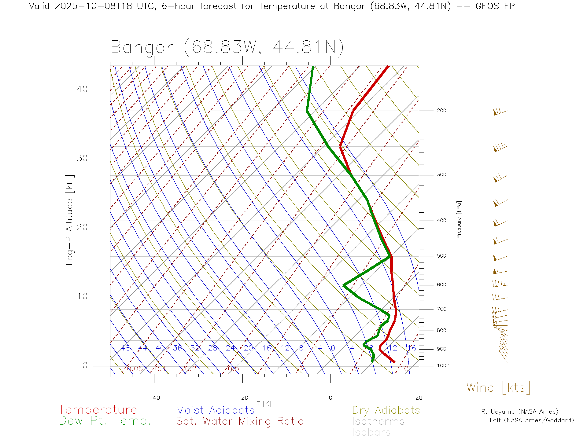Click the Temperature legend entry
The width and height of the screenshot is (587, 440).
(x=98, y=409)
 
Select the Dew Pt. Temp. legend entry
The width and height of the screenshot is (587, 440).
(x=105, y=421)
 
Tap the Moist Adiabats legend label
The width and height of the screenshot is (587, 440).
(x=215, y=410)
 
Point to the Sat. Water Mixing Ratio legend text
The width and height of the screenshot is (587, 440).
(x=240, y=421)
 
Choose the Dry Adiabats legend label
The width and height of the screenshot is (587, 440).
(x=386, y=410)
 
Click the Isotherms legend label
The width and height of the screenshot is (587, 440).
(x=378, y=421)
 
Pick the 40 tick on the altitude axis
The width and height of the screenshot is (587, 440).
(x=82, y=89)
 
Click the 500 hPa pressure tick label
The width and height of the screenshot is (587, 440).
(x=441, y=256)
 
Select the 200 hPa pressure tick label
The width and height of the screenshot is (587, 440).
(x=441, y=110)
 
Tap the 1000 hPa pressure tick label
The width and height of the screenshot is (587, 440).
(x=443, y=366)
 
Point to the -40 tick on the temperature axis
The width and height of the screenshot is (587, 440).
(x=154, y=398)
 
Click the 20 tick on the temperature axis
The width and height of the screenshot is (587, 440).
(x=419, y=398)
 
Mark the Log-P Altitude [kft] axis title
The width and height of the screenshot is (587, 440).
(x=70, y=220)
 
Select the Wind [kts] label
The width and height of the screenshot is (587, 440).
(x=498, y=387)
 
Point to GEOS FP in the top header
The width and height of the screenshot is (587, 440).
(x=495, y=6)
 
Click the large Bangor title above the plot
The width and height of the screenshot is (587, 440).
(x=227, y=47)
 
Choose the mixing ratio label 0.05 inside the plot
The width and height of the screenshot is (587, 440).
(x=135, y=369)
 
